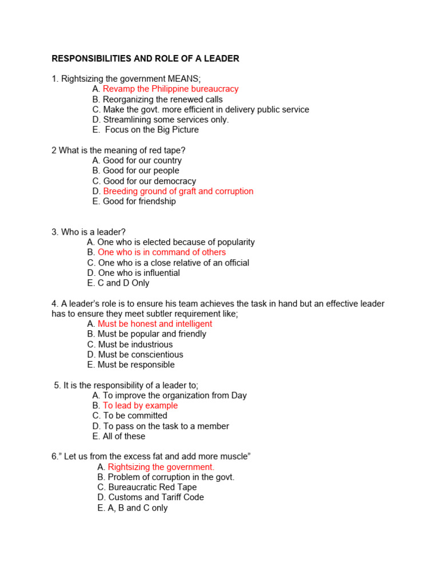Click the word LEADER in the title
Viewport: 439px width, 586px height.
pyautogui.click(x=221, y=58)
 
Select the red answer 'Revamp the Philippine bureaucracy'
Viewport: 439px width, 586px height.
pyautogui.click(x=170, y=89)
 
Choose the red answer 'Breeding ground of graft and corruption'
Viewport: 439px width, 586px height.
pyautogui.click(x=178, y=191)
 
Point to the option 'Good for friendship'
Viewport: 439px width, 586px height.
pyautogui.click(x=139, y=201)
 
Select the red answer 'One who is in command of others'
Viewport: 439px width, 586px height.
pyautogui.click(x=162, y=252)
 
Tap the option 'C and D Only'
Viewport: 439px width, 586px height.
pyautogui.click(x=123, y=283)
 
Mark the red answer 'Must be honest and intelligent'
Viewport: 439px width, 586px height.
pyautogui.click(x=155, y=324)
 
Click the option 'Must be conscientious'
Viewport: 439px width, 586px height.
pyautogui.click(x=141, y=355)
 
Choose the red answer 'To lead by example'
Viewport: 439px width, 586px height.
pyautogui.click(x=140, y=406)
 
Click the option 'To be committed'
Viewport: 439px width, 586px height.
pyautogui.click(x=135, y=416)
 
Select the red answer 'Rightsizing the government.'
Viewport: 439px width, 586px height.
pyautogui.click(x=161, y=467)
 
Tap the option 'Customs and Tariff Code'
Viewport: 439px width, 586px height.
pyautogui.click(x=156, y=498)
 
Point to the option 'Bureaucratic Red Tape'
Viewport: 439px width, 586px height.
pyautogui.click(x=153, y=488)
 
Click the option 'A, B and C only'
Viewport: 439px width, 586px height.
pyautogui.click(x=138, y=508)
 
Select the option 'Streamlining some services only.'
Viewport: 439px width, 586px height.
pyautogui.click(x=166, y=120)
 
